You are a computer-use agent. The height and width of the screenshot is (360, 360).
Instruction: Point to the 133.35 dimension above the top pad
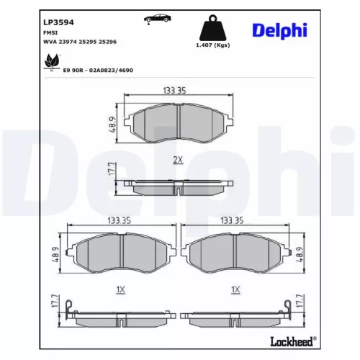177,91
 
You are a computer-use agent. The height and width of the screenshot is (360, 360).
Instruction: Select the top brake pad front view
177,122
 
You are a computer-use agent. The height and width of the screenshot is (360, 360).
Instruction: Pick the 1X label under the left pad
121,289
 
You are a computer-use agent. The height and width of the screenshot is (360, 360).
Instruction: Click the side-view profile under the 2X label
176,186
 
